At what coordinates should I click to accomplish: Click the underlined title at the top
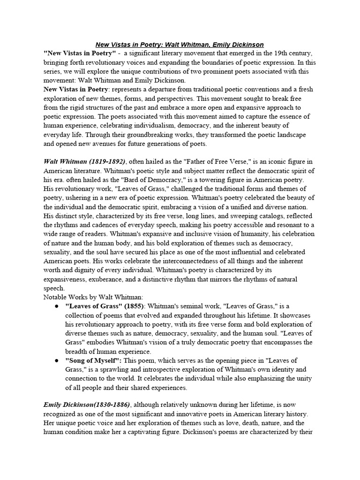click(x=180, y=45)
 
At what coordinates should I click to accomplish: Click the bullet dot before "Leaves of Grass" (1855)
click(x=56, y=307)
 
